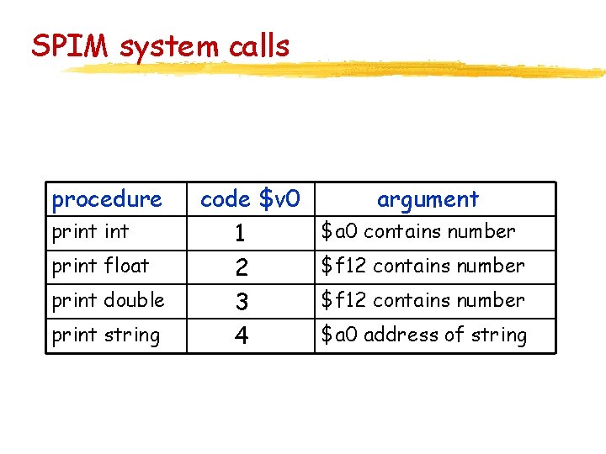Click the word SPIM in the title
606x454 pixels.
click(x=72, y=46)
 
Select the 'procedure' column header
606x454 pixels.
click(x=106, y=199)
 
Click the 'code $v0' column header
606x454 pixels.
click(x=250, y=199)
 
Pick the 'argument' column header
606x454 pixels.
click(x=428, y=199)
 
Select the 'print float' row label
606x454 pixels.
click(x=100, y=266)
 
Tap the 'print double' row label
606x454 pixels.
click(x=108, y=300)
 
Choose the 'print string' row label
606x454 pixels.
click(x=105, y=335)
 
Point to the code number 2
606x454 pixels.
click(x=242, y=267)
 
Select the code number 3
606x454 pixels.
click(x=242, y=302)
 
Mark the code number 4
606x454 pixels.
click(x=242, y=336)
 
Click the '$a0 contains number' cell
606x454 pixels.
click(x=417, y=231)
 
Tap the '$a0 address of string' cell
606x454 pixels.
click(x=423, y=335)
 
